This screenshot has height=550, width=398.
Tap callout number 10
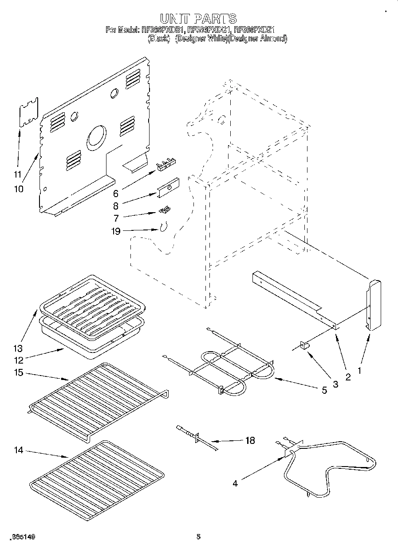pyautogui.click(x=18, y=189)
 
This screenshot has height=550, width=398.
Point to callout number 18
pyautogui.click(x=250, y=440)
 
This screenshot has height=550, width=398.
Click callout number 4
pyautogui.click(x=235, y=483)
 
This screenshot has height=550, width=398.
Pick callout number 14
pyautogui.click(x=18, y=450)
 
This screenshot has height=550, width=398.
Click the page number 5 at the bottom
pyautogui.click(x=198, y=537)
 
